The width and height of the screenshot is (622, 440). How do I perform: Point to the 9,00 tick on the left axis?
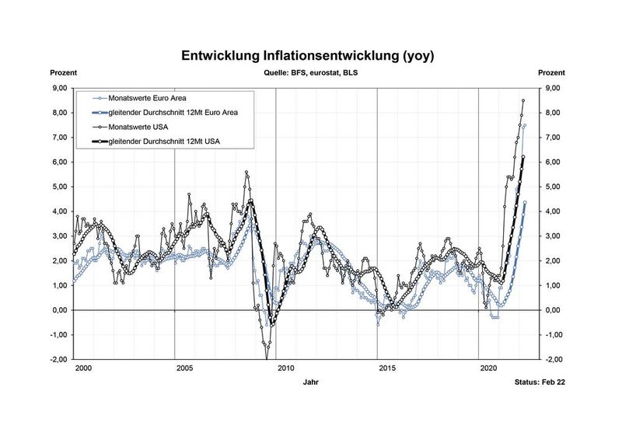tap(59, 88)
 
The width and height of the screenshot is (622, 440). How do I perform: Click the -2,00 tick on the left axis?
tap(58, 360)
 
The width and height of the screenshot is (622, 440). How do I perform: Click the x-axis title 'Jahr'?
tap(311, 382)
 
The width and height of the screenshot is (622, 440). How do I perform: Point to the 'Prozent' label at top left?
tap(64, 72)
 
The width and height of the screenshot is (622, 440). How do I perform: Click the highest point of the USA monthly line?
tap(523, 100)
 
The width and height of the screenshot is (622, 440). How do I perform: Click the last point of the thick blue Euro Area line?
tap(525, 202)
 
